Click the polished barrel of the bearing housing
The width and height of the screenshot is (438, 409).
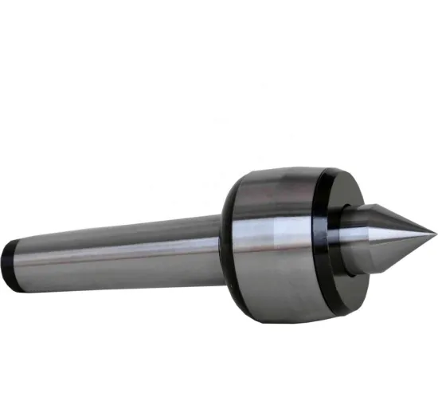pos(271,239)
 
